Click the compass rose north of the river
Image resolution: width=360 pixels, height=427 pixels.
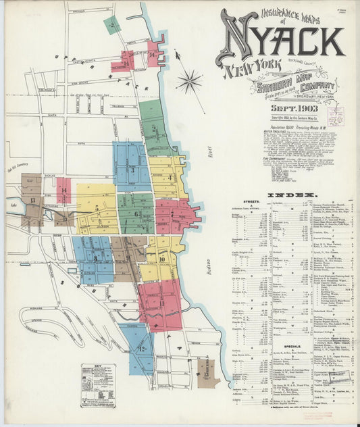click(189, 82)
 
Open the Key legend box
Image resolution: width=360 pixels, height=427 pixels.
click(97, 385)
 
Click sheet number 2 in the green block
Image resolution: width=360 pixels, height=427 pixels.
click(111, 25)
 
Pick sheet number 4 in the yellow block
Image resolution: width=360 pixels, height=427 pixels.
click(169, 177)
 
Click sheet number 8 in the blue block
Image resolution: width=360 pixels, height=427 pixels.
click(95, 259)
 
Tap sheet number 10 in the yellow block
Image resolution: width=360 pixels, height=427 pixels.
click(163, 258)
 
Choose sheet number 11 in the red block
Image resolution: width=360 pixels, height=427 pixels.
click(162, 303)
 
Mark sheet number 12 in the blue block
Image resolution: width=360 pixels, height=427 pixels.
click(143, 349)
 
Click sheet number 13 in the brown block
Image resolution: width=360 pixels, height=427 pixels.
click(32, 201)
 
